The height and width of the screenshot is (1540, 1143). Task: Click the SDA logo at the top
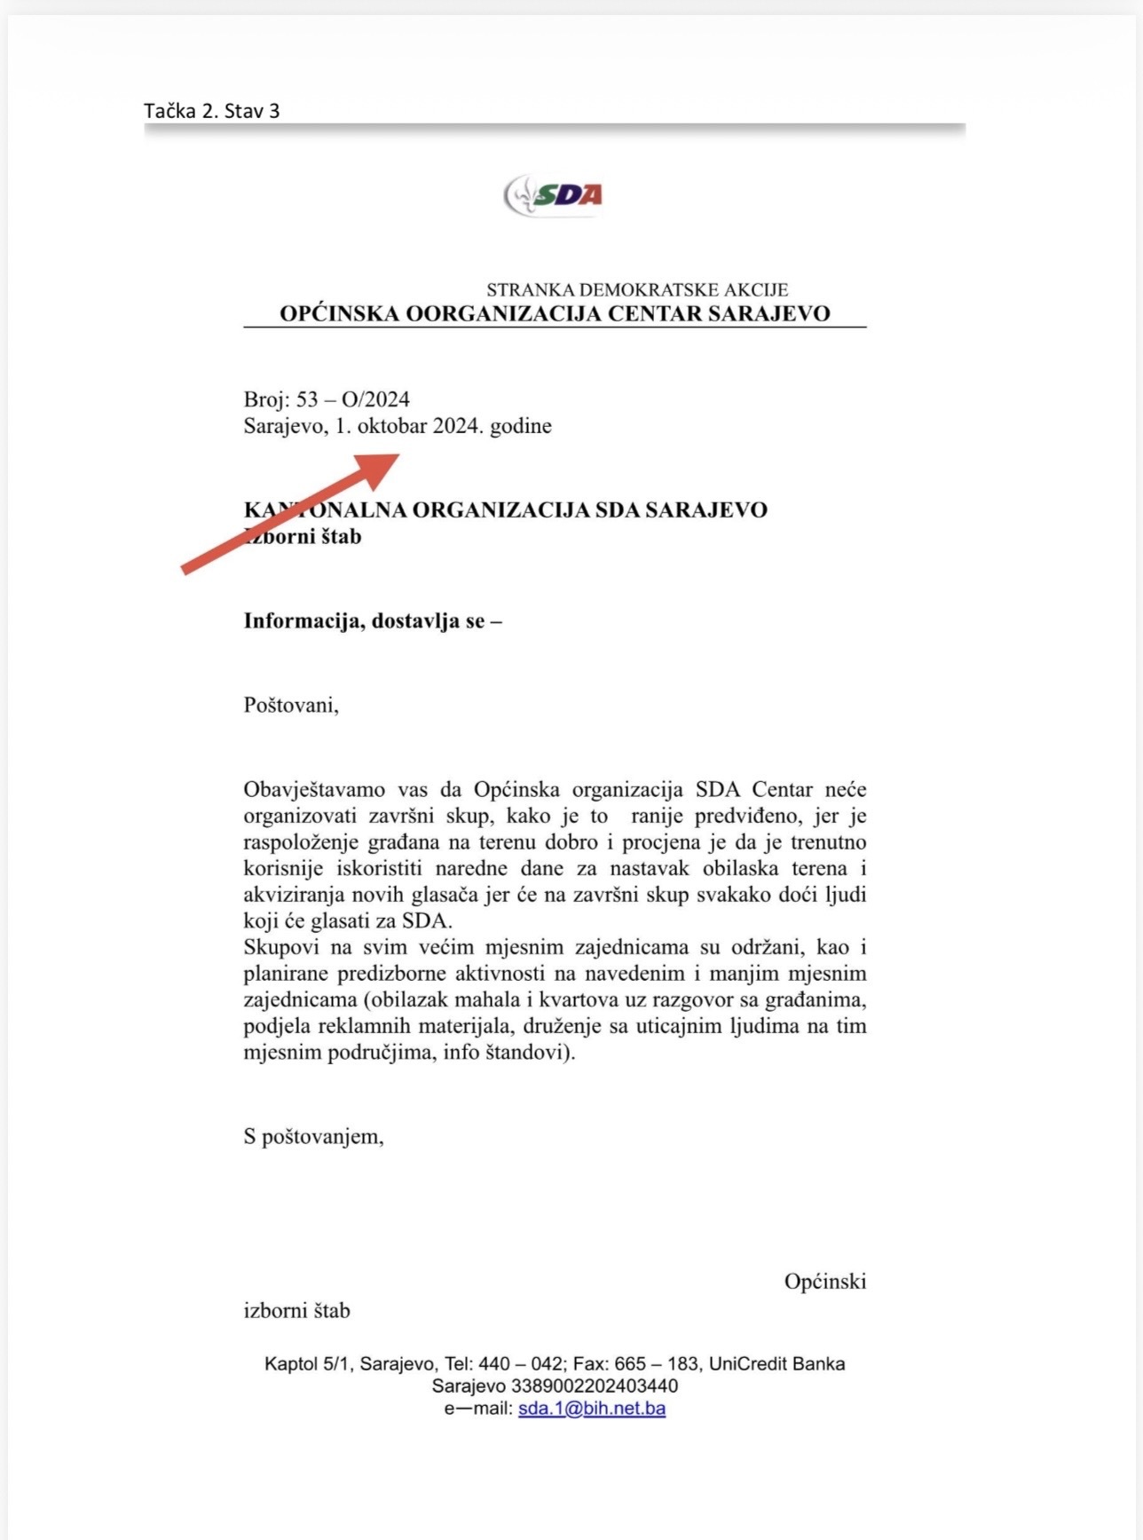tap(554, 195)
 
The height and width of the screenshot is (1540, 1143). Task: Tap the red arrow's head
tap(382, 466)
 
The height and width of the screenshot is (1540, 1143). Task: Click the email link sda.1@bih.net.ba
tap(591, 1409)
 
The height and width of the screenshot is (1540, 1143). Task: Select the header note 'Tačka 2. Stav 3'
tap(212, 111)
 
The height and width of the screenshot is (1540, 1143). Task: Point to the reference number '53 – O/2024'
tap(352, 399)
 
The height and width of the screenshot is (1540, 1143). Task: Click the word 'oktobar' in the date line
tap(392, 426)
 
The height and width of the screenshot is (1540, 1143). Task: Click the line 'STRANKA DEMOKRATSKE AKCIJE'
tap(637, 289)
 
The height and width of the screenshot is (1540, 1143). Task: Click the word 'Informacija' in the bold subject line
tap(303, 620)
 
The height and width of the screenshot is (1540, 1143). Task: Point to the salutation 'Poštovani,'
tap(291, 706)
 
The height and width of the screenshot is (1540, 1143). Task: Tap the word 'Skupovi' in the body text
tap(278, 947)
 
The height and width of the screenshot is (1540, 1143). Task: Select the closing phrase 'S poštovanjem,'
tap(313, 1136)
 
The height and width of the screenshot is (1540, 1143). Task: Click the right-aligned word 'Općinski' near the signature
tap(824, 1282)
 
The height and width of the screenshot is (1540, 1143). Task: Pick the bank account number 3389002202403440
tap(594, 1386)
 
